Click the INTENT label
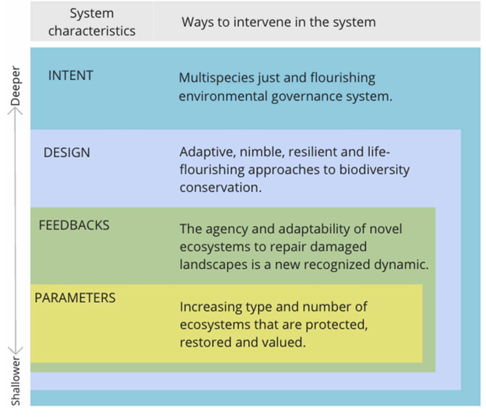(71, 76)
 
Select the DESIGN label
(67, 153)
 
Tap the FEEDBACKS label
(74, 225)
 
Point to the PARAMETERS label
(75, 298)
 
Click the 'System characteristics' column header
(92, 22)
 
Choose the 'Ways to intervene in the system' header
(278, 22)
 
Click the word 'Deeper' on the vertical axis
(15, 86)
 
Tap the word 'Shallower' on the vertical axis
(15, 381)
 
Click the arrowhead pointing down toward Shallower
(15, 350)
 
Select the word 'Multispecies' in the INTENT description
(217, 78)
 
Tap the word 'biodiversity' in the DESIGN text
(374, 170)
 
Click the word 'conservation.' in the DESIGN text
(220, 188)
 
